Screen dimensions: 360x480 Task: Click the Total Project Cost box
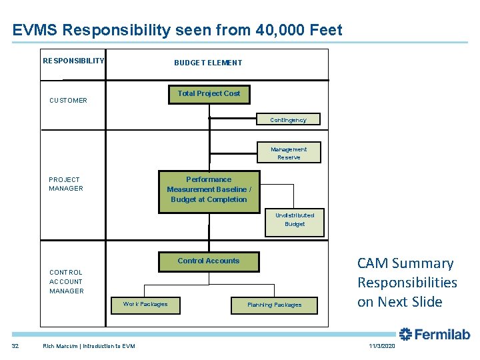(209, 94)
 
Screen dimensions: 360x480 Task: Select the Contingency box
(288, 120)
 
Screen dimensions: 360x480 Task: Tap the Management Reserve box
(289, 153)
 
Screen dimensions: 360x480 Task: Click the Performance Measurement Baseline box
(209, 190)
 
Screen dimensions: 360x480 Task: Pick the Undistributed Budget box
(295, 220)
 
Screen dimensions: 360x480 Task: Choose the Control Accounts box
(208, 261)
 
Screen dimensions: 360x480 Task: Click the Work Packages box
(145, 305)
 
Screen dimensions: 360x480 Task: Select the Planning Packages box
(274, 305)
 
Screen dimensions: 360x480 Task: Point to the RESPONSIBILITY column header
(73, 61)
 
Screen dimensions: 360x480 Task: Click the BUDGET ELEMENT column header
(208, 63)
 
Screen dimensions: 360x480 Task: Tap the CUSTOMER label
(68, 101)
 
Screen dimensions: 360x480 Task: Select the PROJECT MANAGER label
(66, 184)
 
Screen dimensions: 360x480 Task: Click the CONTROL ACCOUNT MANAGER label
(67, 281)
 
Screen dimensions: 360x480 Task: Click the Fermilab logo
(434, 334)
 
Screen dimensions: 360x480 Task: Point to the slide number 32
(15, 345)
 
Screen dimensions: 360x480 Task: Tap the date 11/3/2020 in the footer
(381, 345)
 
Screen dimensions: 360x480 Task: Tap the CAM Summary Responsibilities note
(407, 283)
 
